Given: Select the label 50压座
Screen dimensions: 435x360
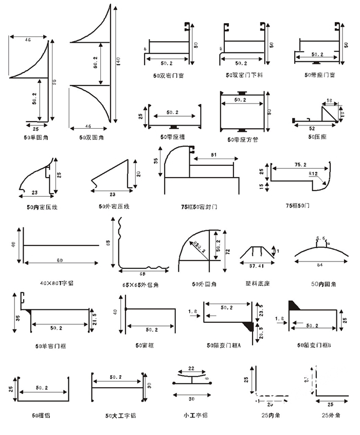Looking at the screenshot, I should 317,137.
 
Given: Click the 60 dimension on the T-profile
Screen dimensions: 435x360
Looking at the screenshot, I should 60,260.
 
